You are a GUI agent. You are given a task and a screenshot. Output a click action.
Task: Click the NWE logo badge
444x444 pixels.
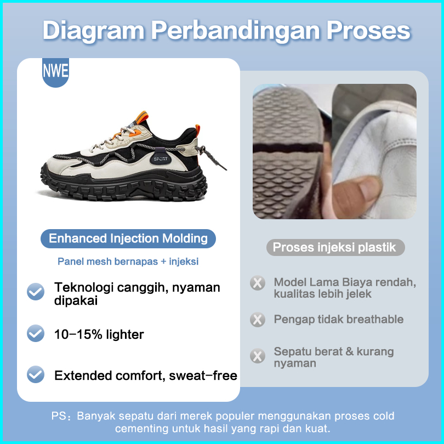pos(55,72)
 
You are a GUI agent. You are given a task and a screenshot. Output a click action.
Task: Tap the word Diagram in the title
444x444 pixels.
pos(94,30)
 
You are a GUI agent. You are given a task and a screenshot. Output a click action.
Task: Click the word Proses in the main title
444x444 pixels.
pos(368,30)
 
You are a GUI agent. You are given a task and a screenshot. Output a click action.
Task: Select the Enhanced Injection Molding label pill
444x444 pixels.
pos(128,238)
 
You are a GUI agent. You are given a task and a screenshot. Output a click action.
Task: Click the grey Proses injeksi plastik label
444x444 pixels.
pos(335,247)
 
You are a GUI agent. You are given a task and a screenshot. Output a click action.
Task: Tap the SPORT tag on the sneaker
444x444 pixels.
pos(161,158)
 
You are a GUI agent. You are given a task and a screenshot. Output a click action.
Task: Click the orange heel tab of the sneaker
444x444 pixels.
pos(197,130)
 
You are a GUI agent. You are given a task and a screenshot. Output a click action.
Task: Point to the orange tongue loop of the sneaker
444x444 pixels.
pos(143,117)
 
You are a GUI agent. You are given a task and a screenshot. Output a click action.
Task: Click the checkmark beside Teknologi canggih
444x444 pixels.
pos(36,292)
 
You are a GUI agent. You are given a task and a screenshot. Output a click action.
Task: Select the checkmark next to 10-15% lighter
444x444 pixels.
pos(36,333)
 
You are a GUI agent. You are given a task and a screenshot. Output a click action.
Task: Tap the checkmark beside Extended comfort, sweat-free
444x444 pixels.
pos(36,374)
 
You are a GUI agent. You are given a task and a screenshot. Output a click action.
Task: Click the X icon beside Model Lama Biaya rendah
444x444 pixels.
pos(258,283)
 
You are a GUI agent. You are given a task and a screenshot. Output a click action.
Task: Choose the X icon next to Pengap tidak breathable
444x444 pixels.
pos(258,320)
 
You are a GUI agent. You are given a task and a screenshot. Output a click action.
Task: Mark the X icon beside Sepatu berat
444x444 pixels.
pos(258,356)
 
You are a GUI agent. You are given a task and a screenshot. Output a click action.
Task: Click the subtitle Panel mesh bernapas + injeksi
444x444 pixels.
pos(128,261)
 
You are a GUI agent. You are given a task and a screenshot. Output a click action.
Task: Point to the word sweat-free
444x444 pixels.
pos(203,376)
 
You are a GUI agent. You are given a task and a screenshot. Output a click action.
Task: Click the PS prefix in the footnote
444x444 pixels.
pos(59,416)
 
